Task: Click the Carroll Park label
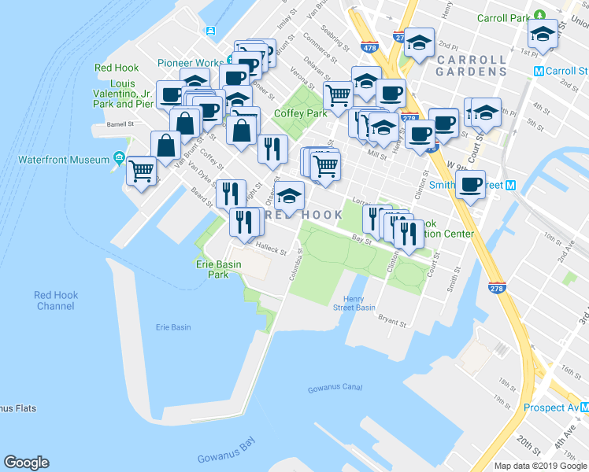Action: [x=503, y=17]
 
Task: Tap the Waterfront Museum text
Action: [x=64, y=160]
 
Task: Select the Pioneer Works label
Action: [x=191, y=62]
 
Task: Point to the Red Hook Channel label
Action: [x=56, y=301]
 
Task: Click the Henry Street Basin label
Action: [x=359, y=303]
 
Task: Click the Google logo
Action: [x=26, y=463]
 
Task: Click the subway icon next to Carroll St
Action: [x=539, y=71]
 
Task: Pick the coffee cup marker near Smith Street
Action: [x=471, y=185]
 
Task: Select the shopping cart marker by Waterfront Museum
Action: [x=142, y=170]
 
